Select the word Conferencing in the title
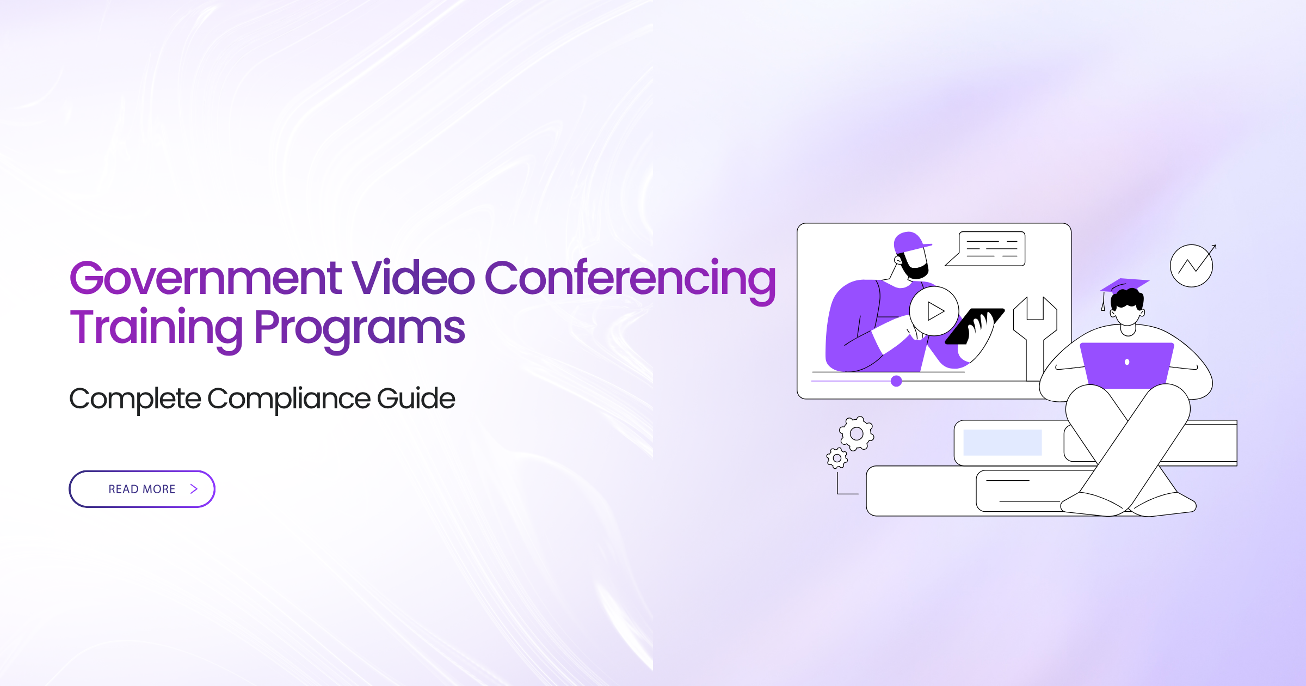coord(630,281)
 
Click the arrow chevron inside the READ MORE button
coord(194,489)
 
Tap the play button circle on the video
coord(934,311)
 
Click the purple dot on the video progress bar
coord(896,381)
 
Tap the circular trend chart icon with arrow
coord(1192,265)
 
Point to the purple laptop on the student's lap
coord(1126,365)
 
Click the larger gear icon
coord(857,433)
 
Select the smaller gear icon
coord(837,458)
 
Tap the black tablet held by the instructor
coord(974,326)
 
